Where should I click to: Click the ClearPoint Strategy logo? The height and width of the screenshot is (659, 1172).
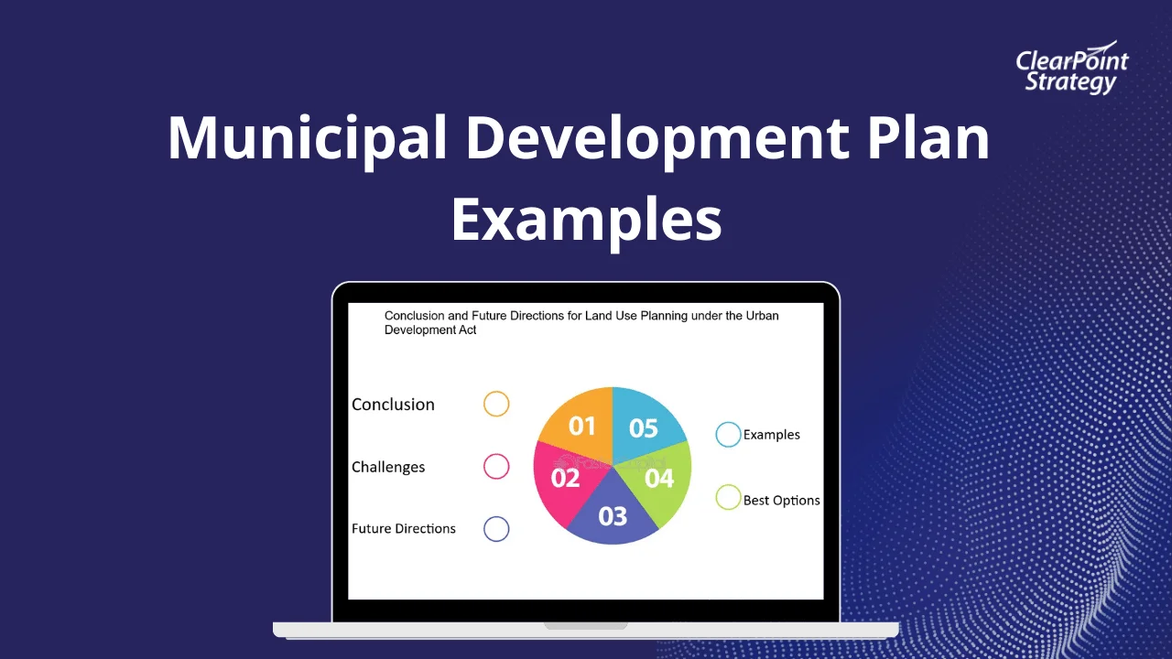[1071, 69]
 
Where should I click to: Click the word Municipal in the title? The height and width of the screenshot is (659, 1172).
[308, 137]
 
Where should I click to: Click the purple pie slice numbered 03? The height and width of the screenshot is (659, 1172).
[613, 517]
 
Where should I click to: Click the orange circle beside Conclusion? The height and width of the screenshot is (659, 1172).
[496, 404]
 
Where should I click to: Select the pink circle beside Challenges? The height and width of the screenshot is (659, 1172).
[496, 466]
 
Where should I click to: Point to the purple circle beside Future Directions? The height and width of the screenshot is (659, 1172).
[496, 528]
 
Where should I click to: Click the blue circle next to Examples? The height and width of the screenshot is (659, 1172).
[728, 435]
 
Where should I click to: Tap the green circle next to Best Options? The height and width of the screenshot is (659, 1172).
[728, 498]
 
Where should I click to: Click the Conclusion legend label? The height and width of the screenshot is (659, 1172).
[393, 405]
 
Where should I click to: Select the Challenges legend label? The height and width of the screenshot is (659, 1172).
[388, 467]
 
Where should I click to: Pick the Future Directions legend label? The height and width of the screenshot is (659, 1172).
[404, 528]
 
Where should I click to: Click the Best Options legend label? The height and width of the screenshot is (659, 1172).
[782, 501]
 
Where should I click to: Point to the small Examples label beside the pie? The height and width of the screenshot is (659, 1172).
[772, 435]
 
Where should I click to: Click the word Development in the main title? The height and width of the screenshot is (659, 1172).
[659, 137]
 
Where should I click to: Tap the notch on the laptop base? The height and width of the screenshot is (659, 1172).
[586, 626]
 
